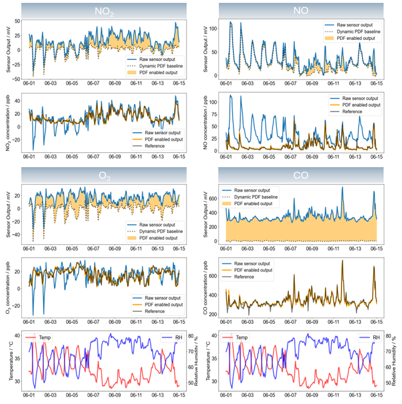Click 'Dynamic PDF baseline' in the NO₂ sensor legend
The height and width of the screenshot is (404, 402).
(155, 66)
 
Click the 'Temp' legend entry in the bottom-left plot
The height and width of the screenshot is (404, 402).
(48, 336)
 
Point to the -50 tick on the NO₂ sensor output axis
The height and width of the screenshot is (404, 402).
(17, 78)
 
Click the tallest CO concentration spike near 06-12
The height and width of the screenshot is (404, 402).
(342, 261)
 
